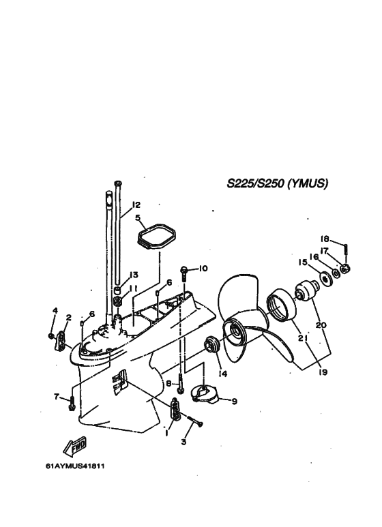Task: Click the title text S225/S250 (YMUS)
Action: [x=278, y=183]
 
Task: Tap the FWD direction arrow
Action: [x=75, y=447]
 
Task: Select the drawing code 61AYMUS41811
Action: [x=75, y=466]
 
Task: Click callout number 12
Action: [x=136, y=205]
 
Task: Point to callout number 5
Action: [x=138, y=217]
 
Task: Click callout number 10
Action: [x=203, y=268]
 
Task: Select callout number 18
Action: [x=325, y=239]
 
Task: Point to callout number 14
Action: [x=223, y=374]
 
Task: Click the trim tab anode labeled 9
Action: [x=205, y=394]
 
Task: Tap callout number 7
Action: [x=57, y=397]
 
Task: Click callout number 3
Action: [x=183, y=442]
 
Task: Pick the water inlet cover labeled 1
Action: [x=175, y=408]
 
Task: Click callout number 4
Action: [x=55, y=311]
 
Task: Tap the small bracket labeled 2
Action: [x=60, y=341]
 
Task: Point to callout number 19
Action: [x=323, y=372]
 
